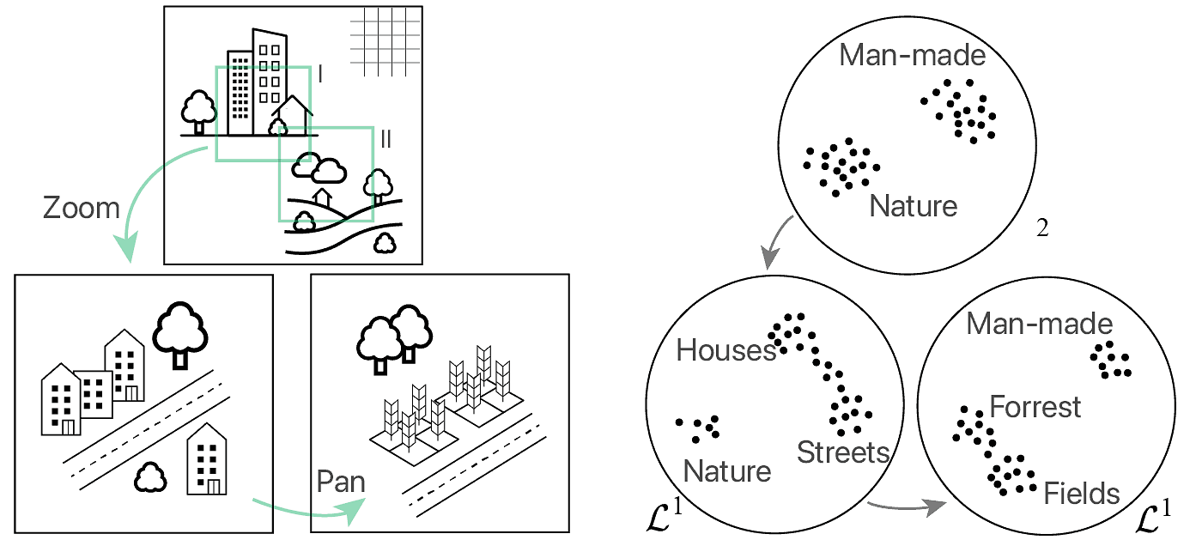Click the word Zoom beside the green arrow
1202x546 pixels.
(82, 208)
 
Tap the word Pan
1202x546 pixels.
(341, 482)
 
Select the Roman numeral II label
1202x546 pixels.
(385, 140)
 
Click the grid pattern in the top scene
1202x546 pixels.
(386, 40)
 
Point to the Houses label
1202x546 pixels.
(725, 350)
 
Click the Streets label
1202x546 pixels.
(842, 452)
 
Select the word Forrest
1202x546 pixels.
(1035, 406)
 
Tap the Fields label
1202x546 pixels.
(1081, 494)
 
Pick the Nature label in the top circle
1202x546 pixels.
(913, 206)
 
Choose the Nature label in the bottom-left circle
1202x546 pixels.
(726, 471)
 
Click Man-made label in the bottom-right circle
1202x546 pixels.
(1039, 324)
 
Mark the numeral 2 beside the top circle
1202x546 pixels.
(1042, 230)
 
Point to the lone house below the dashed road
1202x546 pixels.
(206, 459)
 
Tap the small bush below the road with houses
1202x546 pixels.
(150, 477)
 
